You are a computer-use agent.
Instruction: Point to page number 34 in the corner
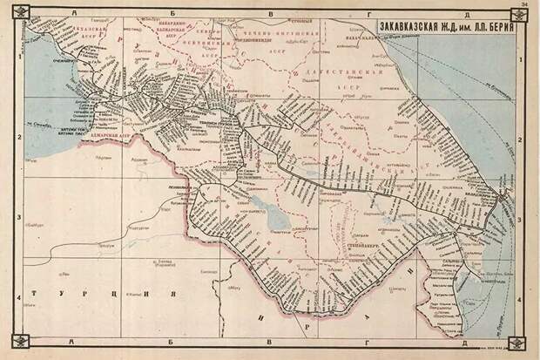coord(523,6)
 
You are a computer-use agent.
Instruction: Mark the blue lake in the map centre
coord(277,218)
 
